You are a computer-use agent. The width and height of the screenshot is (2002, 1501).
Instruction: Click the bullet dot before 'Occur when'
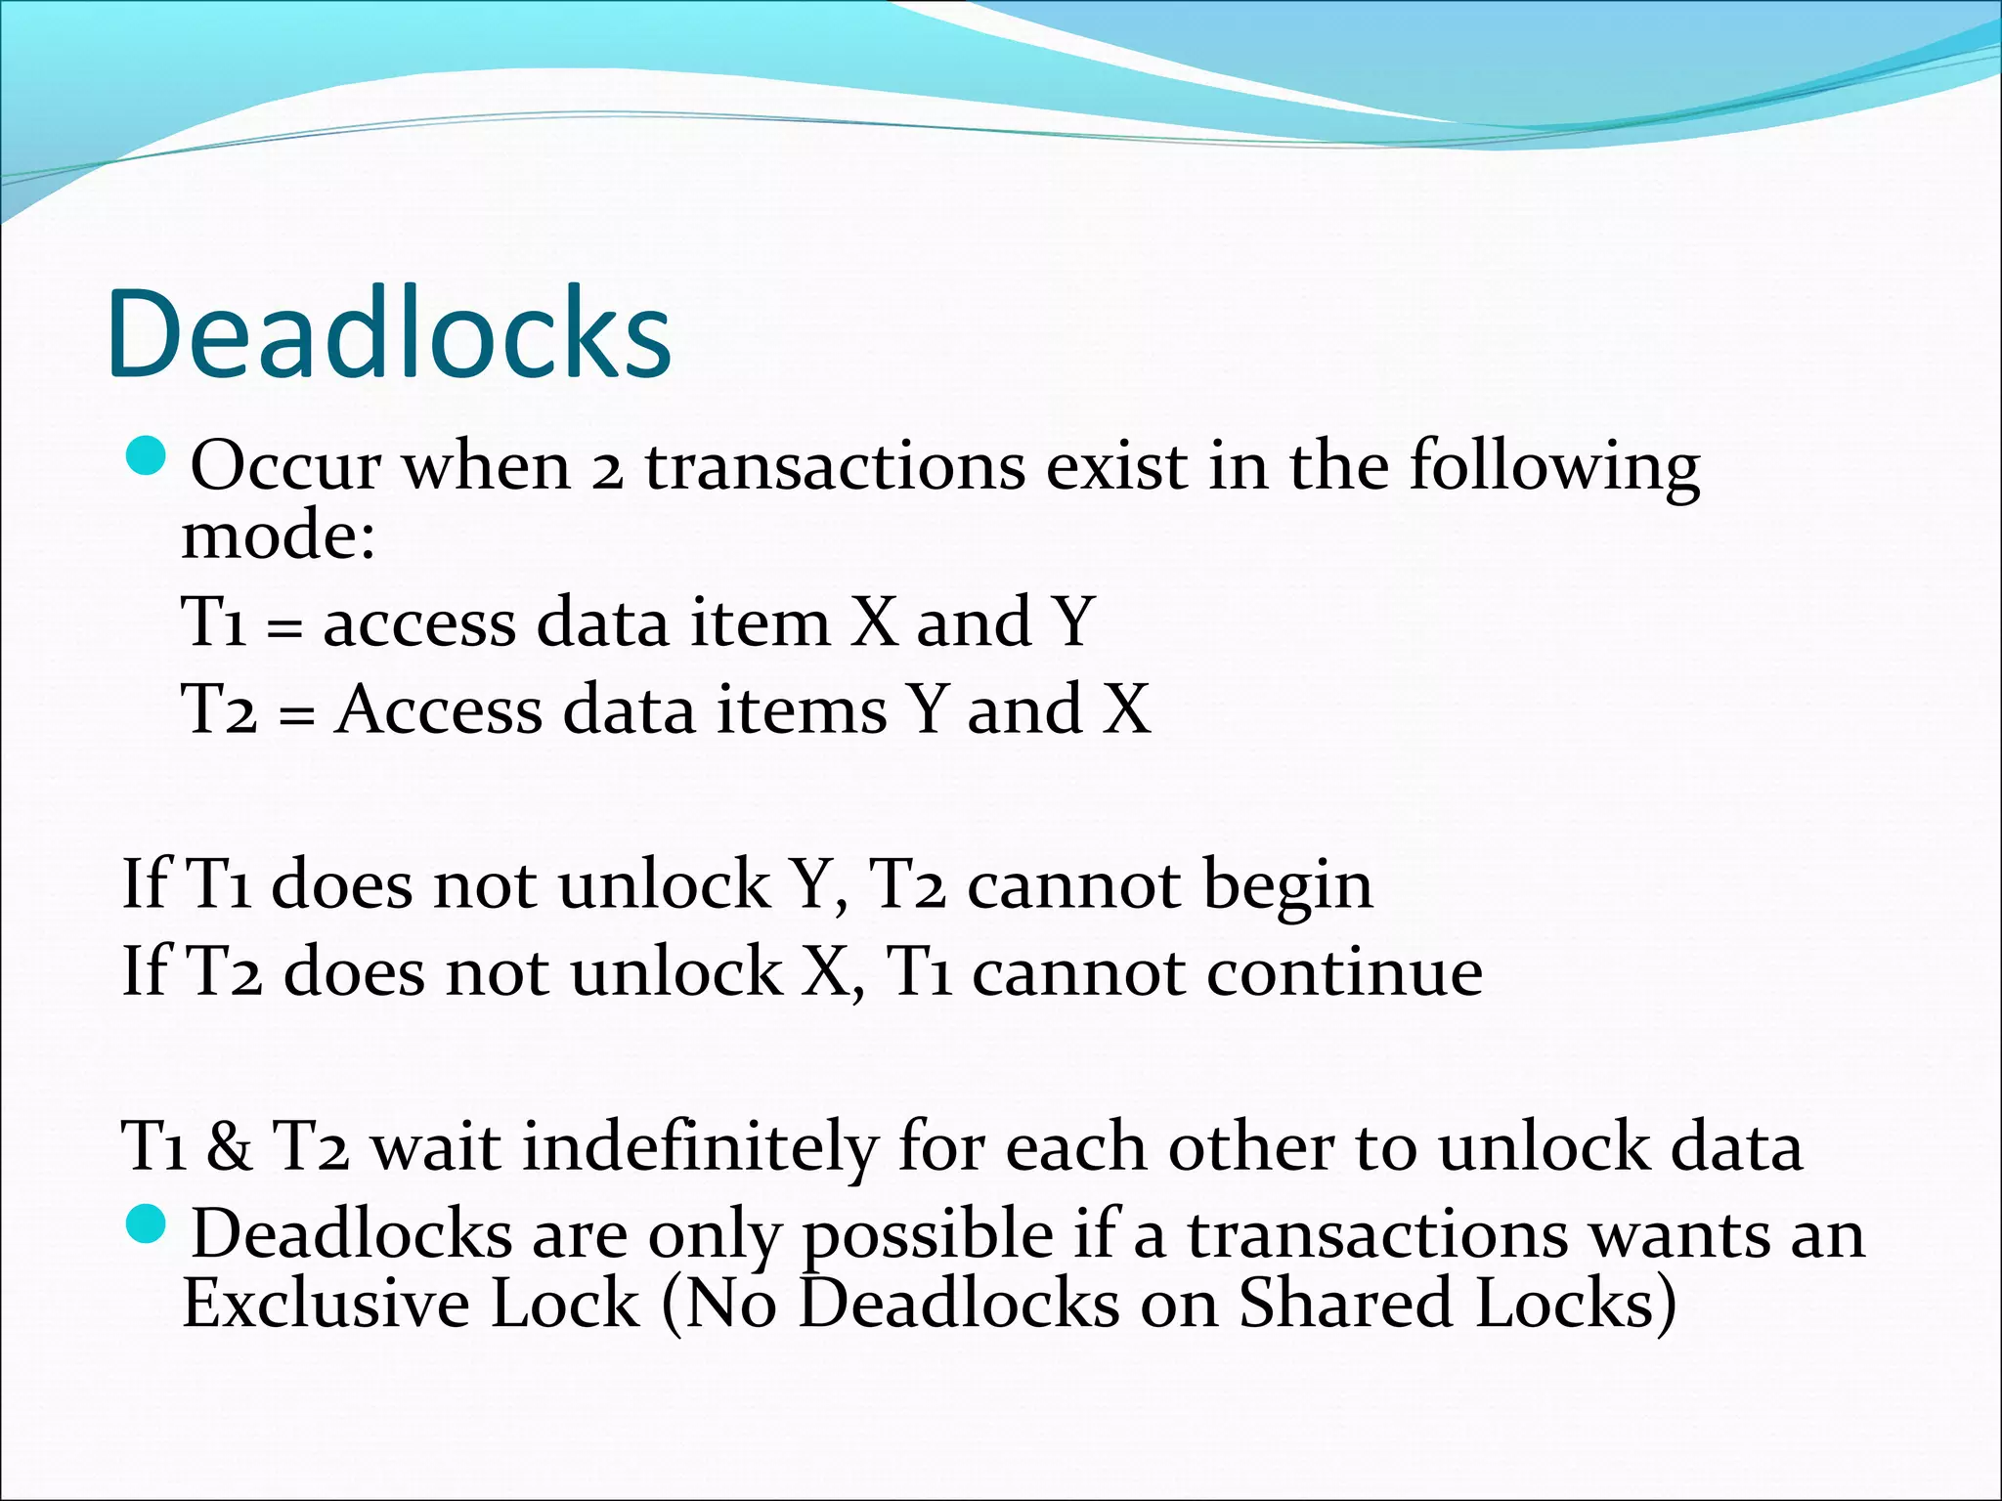149,456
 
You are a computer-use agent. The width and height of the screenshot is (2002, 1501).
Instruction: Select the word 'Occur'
284,466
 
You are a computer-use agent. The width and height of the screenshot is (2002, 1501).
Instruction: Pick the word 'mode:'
279,536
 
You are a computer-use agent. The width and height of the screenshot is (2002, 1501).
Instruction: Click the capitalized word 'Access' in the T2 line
438,709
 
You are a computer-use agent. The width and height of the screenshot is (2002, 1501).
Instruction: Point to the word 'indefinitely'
700,1146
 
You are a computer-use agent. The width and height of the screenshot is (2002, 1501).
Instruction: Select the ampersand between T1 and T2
229,1146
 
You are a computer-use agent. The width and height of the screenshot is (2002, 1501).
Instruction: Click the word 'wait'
436,1146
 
